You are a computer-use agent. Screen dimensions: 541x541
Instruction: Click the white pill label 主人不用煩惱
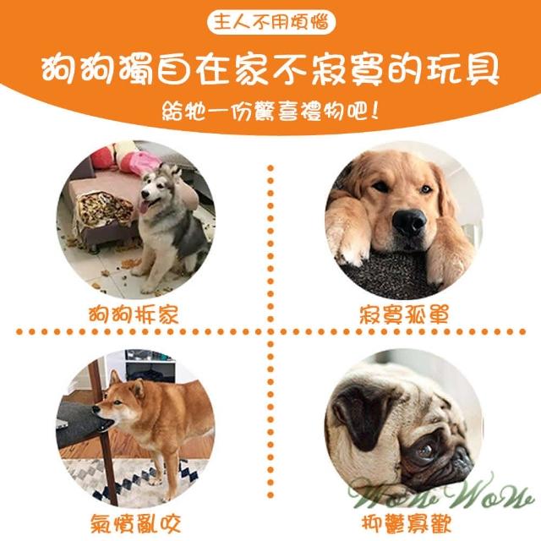click(x=271, y=22)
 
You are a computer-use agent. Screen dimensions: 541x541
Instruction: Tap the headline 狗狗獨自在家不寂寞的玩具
click(x=270, y=69)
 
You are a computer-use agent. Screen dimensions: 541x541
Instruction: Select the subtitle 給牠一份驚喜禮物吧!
click(x=270, y=111)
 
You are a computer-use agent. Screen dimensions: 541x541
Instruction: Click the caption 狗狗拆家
click(x=134, y=314)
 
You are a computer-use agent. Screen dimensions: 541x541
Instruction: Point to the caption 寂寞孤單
click(x=404, y=314)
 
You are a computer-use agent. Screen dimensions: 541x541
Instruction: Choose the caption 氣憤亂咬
click(x=135, y=523)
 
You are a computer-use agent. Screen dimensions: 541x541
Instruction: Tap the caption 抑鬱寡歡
click(x=407, y=523)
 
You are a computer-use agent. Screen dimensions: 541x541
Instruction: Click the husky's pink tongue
click(x=144, y=206)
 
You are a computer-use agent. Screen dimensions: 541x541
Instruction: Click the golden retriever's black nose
click(x=409, y=222)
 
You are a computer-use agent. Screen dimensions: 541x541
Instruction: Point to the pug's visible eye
click(x=424, y=450)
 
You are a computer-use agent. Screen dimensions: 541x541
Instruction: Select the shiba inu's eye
click(x=117, y=402)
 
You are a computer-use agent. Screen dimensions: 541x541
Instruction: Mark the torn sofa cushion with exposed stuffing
click(x=103, y=208)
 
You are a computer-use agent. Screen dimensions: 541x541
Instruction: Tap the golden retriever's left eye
click(x=381, y=187)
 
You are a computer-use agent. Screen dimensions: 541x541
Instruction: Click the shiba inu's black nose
click(x=96, y=409)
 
